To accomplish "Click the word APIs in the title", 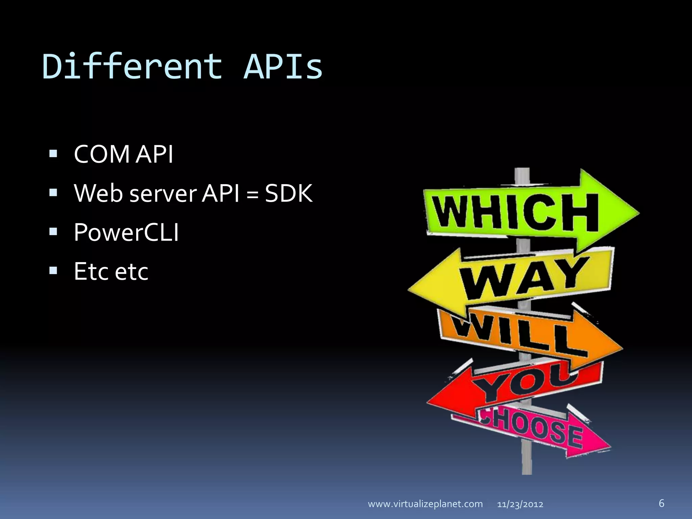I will (283, 67).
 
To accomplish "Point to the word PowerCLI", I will (126, 232).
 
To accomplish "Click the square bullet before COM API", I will (53, 154).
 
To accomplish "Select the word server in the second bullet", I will (163, 194).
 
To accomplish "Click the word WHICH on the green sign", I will (515, 213).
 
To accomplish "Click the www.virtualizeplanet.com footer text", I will (425, 504).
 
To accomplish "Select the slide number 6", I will (661, 503).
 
